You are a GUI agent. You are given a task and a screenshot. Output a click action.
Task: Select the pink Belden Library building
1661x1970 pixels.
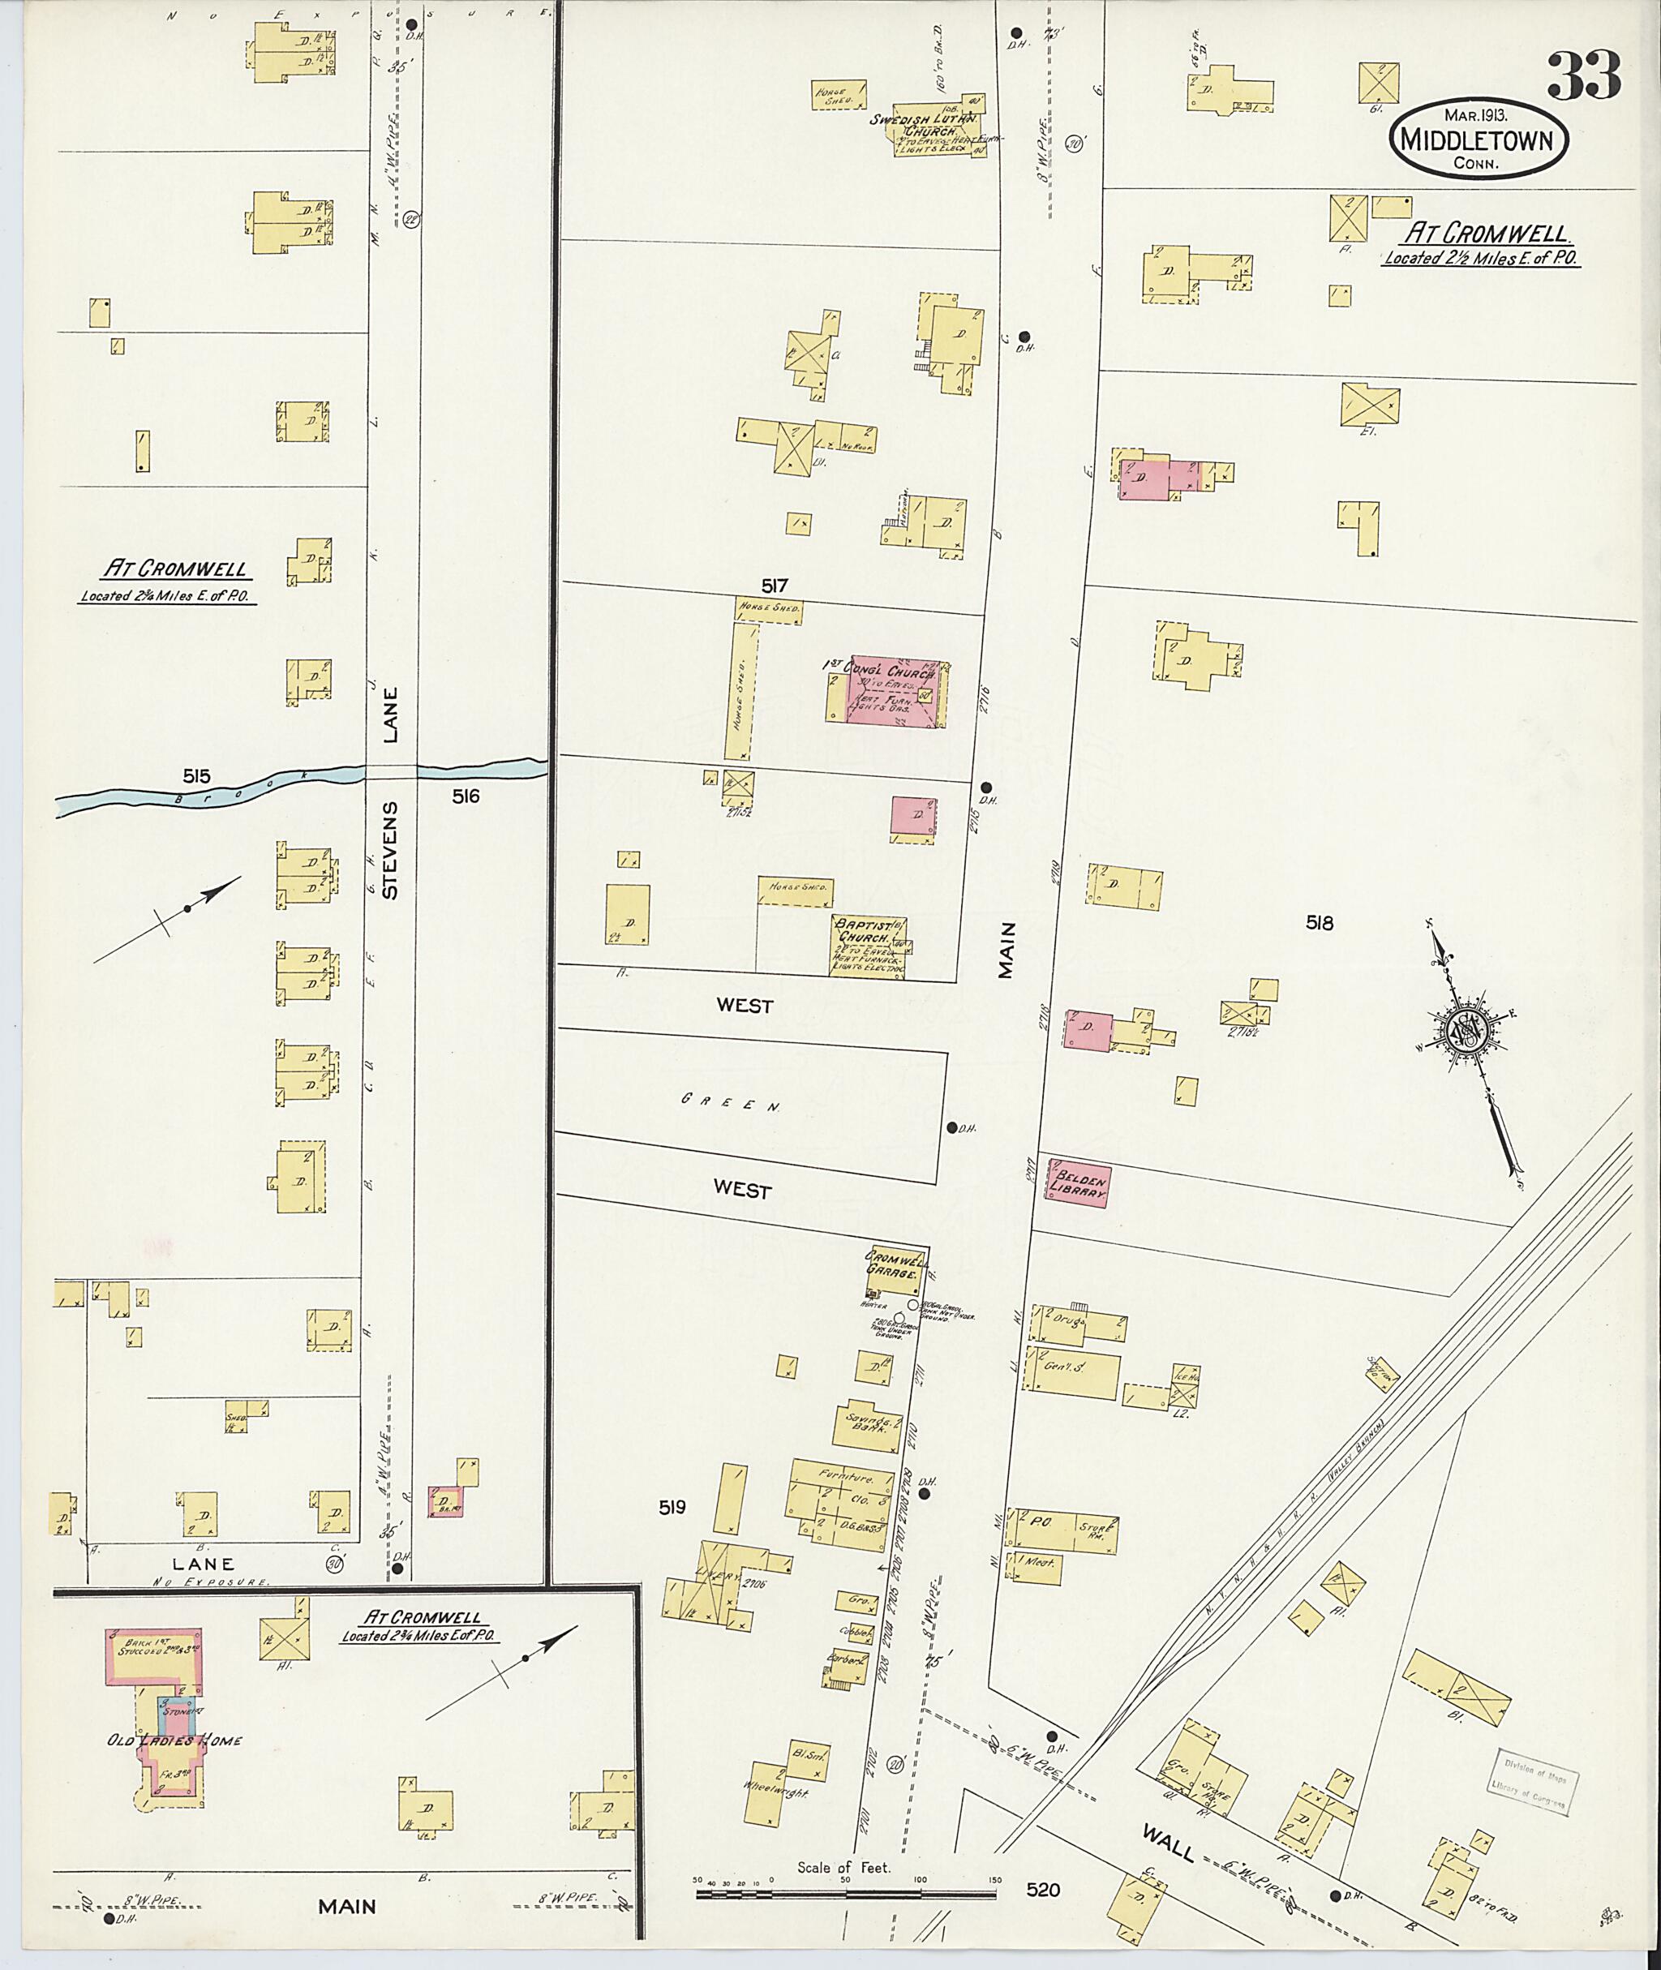[x=1078, y=1183]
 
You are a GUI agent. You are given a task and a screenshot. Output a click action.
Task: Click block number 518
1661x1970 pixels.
[x=1320, y=924]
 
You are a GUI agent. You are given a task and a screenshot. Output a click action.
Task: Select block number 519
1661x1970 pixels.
[x=672, y=1508]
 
